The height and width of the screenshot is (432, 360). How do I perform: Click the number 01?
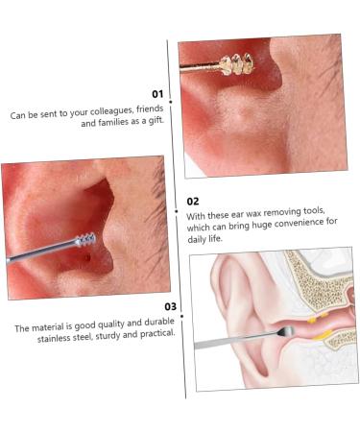point(157,94)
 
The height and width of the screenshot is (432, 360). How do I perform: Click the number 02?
point(193,201)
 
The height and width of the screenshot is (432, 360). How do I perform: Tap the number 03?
point(170,306)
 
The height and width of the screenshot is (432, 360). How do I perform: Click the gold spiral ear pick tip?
point(233,64)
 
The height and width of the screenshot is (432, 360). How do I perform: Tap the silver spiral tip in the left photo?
point(84,238)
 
